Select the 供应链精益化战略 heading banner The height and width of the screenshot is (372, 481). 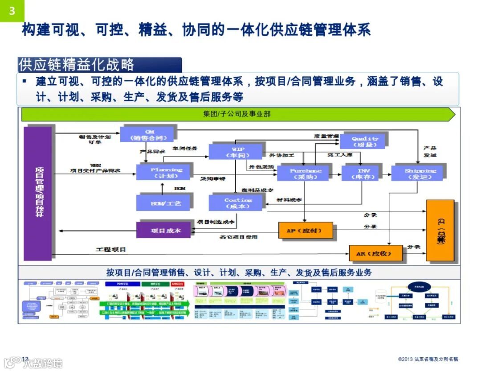tap(99, 65)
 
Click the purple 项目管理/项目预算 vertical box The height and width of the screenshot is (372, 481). tap(38, 193)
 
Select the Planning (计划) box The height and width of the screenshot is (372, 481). tap(165, 173)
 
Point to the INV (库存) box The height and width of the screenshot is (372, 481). tap(363, 174)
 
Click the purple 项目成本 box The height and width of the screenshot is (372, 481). tap(164, 230)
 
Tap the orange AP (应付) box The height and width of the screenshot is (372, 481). tap(306, 231)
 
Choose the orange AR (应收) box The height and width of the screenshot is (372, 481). tap(375, 253)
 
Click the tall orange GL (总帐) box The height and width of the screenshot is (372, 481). tap(440, 230)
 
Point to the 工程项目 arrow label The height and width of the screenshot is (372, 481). tap(111, 249)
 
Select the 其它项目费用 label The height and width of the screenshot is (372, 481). tap(239, 237)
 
